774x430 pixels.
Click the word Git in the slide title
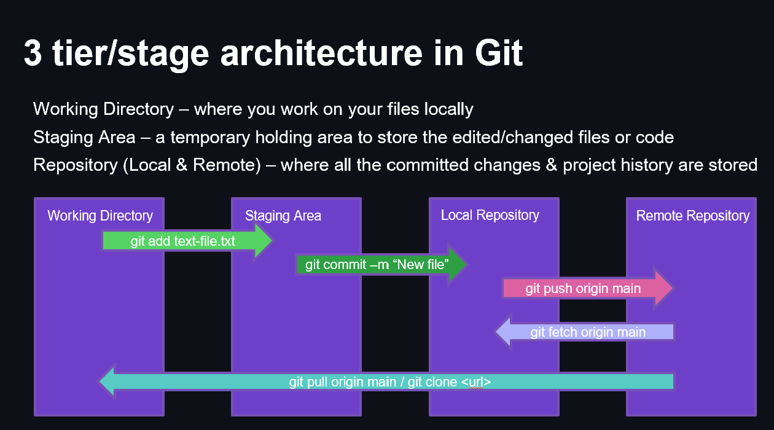(498, 53)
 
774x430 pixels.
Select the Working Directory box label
(100, 216)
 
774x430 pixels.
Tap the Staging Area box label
(283, 216)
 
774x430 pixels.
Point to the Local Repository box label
(490, 215)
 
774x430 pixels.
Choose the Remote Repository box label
(692, 216)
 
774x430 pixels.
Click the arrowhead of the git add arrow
(263, 241)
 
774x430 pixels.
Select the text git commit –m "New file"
(377, 265)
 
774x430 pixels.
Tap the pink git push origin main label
(582, 288)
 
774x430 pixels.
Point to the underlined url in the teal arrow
(476, 382)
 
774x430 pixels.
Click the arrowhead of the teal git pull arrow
(107, 381)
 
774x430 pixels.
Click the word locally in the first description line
(448, 109)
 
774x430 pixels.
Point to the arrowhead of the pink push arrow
(665, 287)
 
